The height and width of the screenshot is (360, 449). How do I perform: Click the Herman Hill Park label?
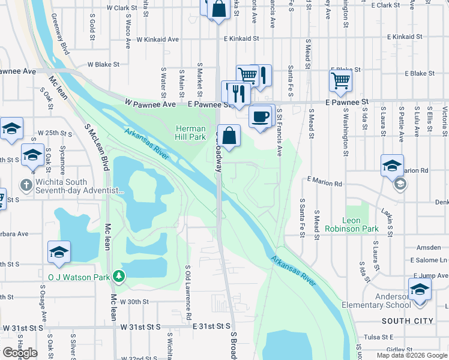[190, 134]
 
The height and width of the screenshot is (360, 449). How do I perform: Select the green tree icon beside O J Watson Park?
[120, 277]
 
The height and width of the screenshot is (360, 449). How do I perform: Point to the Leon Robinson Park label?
[351, 225]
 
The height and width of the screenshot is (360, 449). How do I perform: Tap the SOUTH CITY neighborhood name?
[408, 321]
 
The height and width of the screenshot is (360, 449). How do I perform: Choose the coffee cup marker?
[260, 116]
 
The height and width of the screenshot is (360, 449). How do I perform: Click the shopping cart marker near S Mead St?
[341, 80]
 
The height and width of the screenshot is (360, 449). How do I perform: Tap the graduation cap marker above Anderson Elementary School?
[420, 289]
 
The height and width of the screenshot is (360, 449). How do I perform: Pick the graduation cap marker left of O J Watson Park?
[59, 252]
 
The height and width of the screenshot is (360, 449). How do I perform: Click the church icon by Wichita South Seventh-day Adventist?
[25, 184]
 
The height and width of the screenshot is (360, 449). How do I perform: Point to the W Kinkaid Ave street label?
[158, 40]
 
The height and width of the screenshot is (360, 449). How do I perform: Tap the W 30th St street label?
[134, 302]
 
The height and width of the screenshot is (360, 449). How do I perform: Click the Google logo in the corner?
[20, 353]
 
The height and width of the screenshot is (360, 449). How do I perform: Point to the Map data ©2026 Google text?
[412, 355]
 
